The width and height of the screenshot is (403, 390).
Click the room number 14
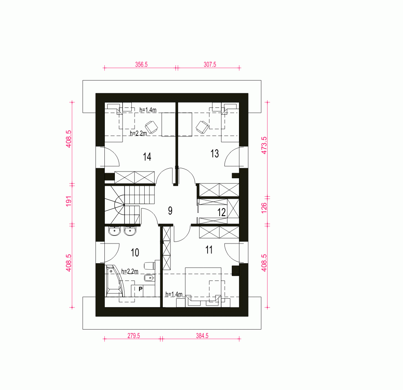147,157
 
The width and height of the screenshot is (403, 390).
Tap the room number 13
215,154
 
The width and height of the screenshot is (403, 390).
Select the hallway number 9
170,210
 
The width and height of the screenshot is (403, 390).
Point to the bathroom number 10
135,253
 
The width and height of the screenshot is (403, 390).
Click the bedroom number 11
209,250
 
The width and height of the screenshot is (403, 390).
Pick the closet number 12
221,213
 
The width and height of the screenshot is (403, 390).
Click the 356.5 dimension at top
141,64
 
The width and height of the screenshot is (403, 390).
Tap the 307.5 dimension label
210,64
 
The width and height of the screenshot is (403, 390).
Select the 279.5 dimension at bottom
134,336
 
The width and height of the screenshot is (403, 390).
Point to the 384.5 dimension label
202,336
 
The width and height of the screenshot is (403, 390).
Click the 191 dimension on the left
69,201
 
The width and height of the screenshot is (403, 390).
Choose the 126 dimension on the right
264,208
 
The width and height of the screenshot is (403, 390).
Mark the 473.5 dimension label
264,145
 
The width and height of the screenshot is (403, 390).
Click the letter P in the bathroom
140,289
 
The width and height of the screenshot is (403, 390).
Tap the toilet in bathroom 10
150,266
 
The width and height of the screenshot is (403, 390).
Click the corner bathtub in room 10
114,281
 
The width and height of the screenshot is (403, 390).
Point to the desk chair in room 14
151,127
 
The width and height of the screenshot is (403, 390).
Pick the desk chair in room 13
202,127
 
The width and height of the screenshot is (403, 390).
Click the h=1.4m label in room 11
174,294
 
